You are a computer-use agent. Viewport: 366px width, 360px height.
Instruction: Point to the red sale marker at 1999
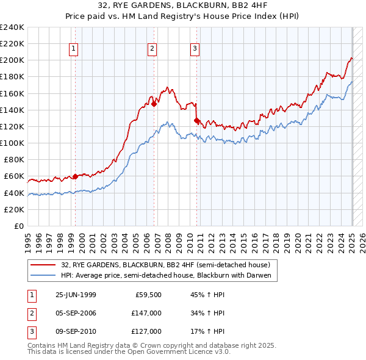pos(75,177)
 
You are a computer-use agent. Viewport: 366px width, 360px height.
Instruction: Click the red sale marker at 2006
pos(154,104)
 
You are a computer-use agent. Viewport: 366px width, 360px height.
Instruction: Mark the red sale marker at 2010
pos(196,121)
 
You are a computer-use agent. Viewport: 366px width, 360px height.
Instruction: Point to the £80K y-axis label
pos(13,160)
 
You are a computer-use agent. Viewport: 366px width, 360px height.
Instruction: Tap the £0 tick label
pos(19,226)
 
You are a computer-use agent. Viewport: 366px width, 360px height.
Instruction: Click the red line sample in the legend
pos(43,265)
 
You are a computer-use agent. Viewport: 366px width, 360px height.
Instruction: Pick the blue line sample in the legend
pos(43,275)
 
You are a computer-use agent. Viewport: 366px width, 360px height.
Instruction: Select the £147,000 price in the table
pos(146,314)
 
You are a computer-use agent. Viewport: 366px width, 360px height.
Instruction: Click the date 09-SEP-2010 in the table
pos(76,331)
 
